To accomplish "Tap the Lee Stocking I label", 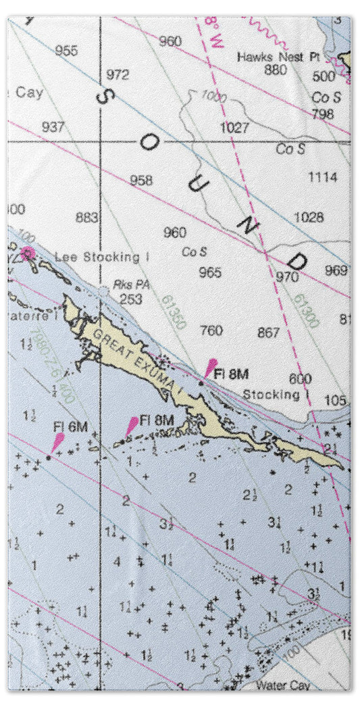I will pyautogui.click(x=102, y=257).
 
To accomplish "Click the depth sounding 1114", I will pyautogui.click(x=322, y=177).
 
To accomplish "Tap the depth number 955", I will pyautogui.click(x=66, y=51).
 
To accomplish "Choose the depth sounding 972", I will pyautogui.click(x=118, y=74).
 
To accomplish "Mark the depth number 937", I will pyautogui.click(x=53, y=127).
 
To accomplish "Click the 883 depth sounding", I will pyautogui.click(x=86, y=218).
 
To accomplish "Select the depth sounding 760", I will pyautogui.click(x=211, y=331).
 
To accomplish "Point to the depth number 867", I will pyautogui.click(x=268, y=333).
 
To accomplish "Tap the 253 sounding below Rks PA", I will pyautogui.click(x=130, y=298).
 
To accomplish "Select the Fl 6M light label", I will pyautogui.click(x=71, y=426).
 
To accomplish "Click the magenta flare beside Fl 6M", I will pyautogui.click(x=57, y=443).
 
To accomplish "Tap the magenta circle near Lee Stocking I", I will pyautogui.click(x=28, y=254).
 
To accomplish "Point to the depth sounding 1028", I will pyautogui.click(x=309, y=218).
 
